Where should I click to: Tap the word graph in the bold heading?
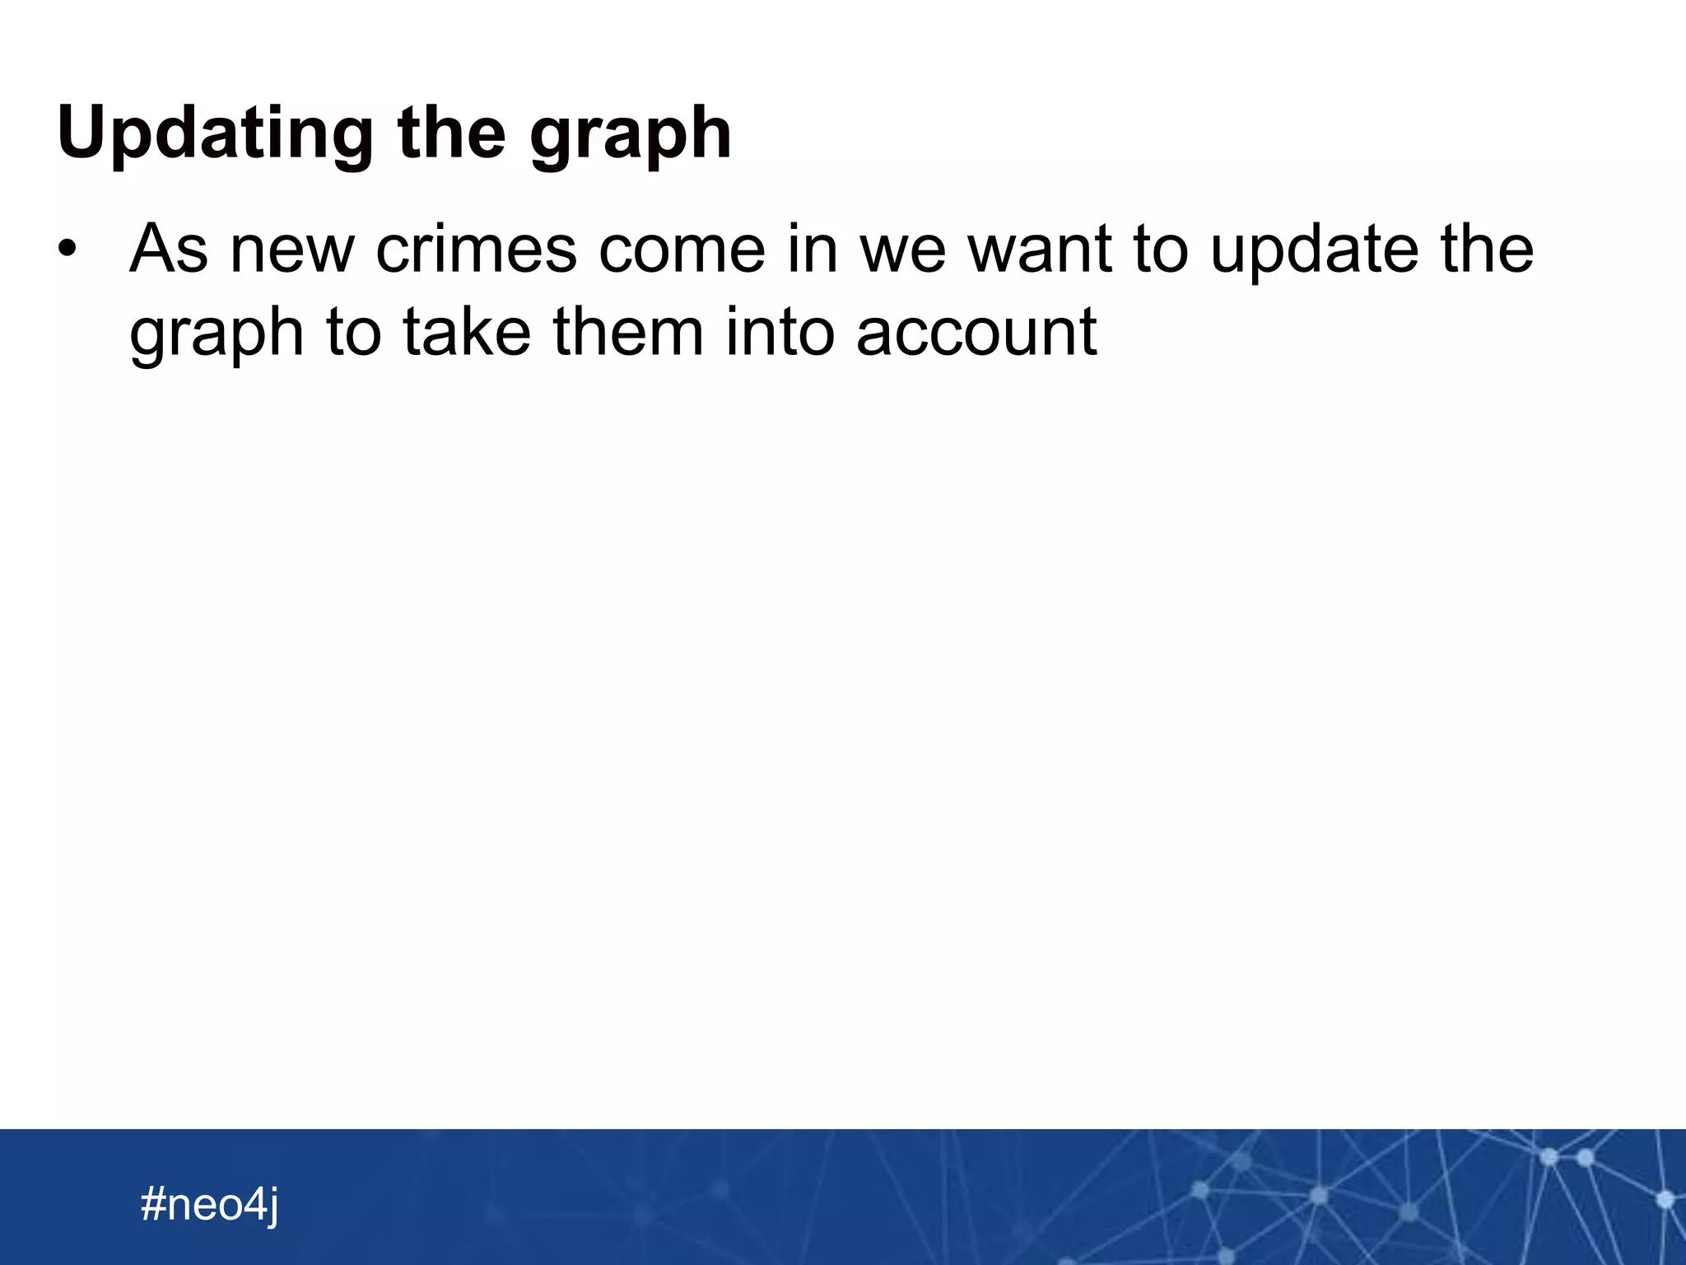coord(631,136)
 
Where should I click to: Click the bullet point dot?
coord(67,249)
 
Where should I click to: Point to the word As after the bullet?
coord(169,249)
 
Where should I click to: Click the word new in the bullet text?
coord(292,250)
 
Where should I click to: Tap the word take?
coord(467,332)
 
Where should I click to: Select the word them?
coord(628,332)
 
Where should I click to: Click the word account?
coord(976,334)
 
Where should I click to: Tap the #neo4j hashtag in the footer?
coord(210,1205)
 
